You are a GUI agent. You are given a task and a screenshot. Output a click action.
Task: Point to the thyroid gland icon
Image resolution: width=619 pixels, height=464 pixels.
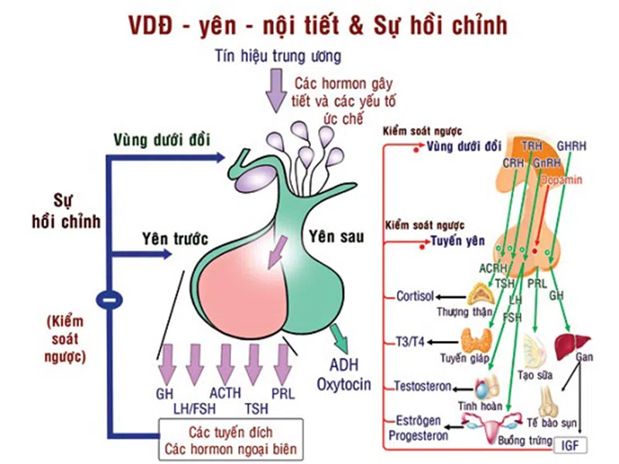474,340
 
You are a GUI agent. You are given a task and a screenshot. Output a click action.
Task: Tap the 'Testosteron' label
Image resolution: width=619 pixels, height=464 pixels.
422,386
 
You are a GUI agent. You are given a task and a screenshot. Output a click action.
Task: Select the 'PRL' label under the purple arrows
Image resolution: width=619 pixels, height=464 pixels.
283,393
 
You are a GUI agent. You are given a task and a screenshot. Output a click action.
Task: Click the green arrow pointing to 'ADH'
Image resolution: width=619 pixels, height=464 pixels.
337,336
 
